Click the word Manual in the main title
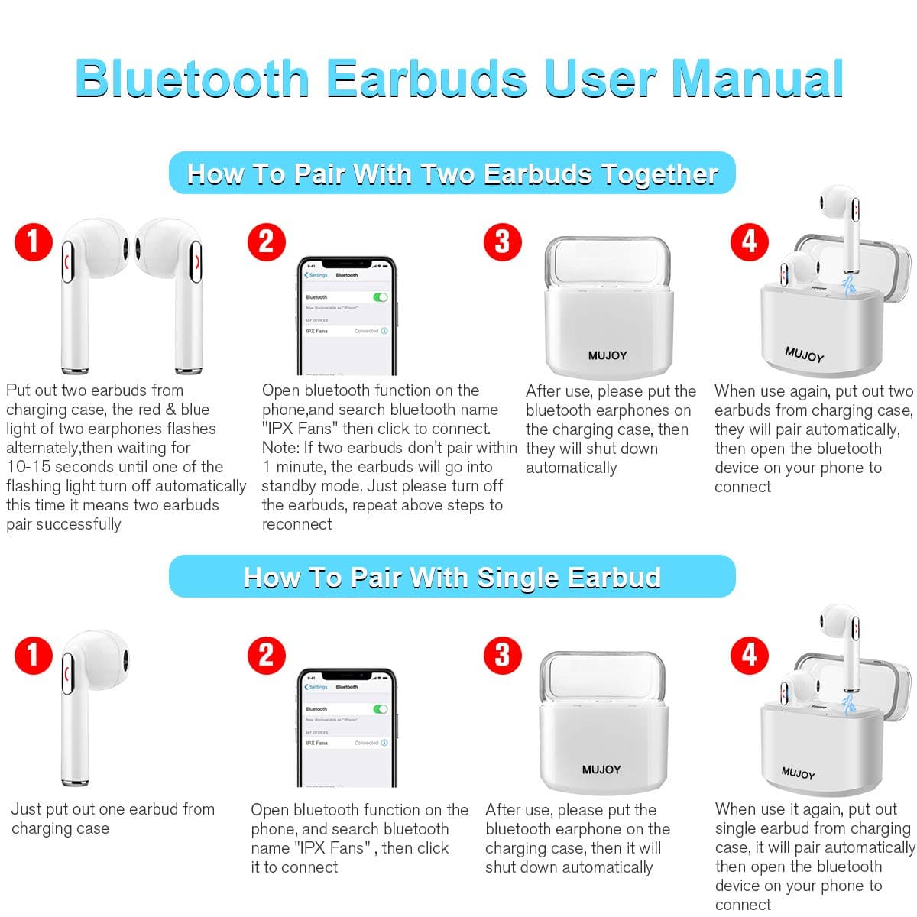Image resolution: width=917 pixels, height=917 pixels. [x=757, y=78]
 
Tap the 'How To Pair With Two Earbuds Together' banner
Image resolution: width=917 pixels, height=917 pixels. [x=452, y=173]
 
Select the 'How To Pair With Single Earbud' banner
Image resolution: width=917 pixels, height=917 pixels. [x=452, y=577]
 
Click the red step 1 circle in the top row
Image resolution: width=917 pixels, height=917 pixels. [x=33, y=242]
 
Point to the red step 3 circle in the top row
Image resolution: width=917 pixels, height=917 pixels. [x=502, y=242]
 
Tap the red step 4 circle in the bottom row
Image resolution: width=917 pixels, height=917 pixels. [x=749, y=655]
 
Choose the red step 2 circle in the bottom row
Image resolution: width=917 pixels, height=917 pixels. [x=266, y=655]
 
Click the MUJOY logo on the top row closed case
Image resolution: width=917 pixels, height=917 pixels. [x=608, y=355]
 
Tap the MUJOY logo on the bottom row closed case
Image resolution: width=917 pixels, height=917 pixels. [x=601, y=770]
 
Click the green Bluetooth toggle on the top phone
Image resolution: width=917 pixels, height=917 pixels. [x=380, y=297]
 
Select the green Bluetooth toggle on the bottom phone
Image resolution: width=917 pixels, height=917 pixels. [x=380, y=709]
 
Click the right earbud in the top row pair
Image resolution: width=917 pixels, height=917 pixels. [x=176, y=290]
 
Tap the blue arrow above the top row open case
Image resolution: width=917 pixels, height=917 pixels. [x=847, y=285]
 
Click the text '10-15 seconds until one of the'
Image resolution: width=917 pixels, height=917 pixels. [x=115, y=467]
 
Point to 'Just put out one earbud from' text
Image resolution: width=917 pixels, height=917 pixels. [x=113, y=809]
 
